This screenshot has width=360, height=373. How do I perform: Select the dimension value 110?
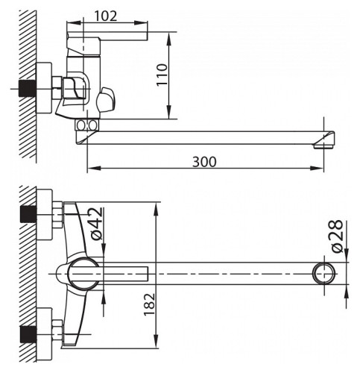pyautogui.click(x=164, y=73)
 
